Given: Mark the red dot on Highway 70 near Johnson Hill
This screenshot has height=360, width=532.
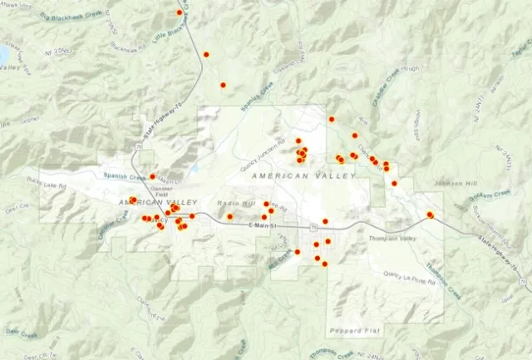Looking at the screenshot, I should pos(431,215).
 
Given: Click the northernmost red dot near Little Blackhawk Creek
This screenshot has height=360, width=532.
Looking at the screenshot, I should pos(180,12).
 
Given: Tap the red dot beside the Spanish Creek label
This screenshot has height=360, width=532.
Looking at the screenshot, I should pos(153,176).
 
